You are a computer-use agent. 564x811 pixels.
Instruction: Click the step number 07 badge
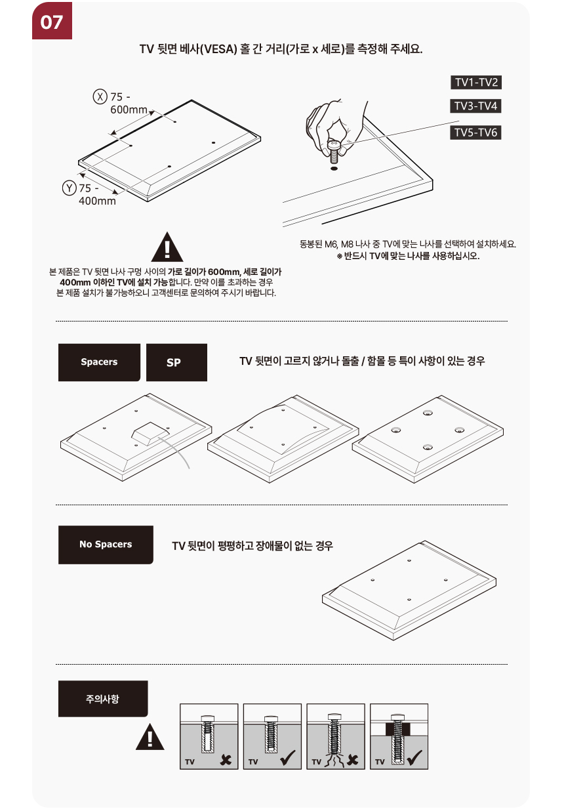coord(52,20)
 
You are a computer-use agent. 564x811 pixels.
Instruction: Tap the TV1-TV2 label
coord(475,83)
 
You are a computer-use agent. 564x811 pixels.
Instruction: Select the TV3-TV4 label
coord(475,106)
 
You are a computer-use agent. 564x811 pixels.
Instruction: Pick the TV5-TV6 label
coord(475,133)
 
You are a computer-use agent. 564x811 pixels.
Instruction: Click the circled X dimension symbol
coord(100,97)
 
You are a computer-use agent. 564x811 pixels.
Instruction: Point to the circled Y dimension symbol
coord(69,188)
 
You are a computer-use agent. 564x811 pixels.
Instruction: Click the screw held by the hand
coord(334,152)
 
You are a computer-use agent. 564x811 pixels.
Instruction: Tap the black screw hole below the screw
coord(334,169)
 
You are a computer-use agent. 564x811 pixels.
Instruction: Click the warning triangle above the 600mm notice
coord(167,247)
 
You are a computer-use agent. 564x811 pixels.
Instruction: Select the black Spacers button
coord(99,362)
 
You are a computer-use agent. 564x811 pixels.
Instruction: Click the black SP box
coord(176,362)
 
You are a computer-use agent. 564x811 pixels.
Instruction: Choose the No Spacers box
coord(106,545)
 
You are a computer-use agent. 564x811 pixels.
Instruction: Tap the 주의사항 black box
coord(103,698)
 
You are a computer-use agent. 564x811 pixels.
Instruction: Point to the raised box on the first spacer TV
coord(150,433)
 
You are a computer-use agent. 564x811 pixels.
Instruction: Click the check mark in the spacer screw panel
coord(414,757)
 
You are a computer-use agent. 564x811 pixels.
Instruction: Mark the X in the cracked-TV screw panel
coord(352,760)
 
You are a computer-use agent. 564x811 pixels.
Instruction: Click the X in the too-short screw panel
coord(226,760)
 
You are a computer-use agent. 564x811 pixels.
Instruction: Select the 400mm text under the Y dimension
coord(97,201)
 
